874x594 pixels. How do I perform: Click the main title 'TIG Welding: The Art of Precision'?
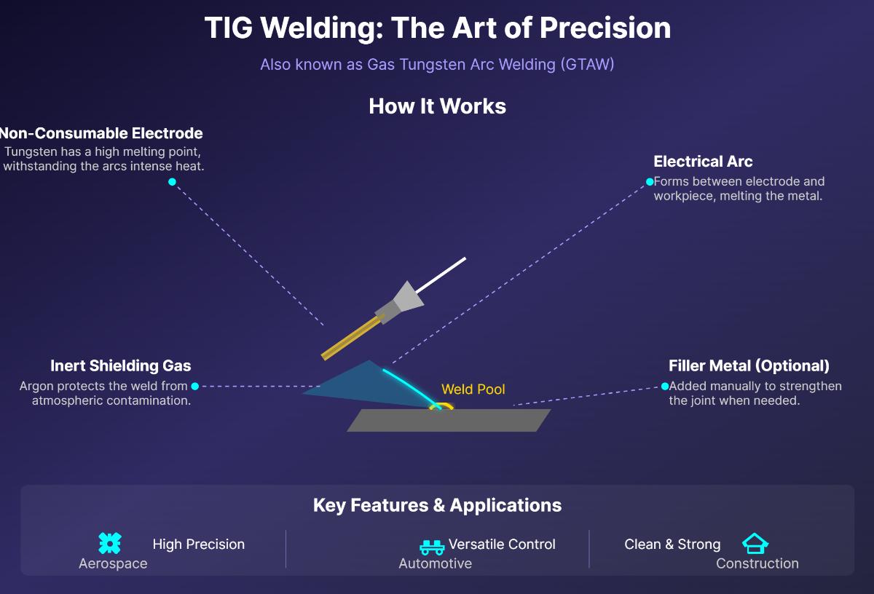pos(437,28)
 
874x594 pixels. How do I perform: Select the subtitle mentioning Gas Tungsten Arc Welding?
pos(437,64)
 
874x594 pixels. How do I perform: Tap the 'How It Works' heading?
pos(437,106)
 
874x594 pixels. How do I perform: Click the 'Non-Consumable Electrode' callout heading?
pos(101,133)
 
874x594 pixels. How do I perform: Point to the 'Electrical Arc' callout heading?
pos(703,162)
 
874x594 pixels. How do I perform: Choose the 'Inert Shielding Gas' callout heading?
pos(121,365)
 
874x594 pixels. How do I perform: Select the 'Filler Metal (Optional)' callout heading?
pos(749,365)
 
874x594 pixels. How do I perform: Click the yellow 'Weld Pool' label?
pos(473,389)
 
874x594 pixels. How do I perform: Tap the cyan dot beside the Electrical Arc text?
pos(650,181)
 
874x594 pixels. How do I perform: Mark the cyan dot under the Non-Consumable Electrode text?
pos(172,182)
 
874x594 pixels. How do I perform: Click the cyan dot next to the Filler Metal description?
pos(664,387)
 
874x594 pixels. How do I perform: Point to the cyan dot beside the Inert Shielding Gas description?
pos(195,387)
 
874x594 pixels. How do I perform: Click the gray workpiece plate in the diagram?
pos(449,420)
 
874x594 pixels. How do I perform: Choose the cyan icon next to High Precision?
pos(109,544)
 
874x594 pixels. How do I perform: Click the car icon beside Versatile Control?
pos(432,546)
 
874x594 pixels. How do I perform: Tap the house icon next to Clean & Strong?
pos(755,544)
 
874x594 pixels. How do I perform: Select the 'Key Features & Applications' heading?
pos(437,505)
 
